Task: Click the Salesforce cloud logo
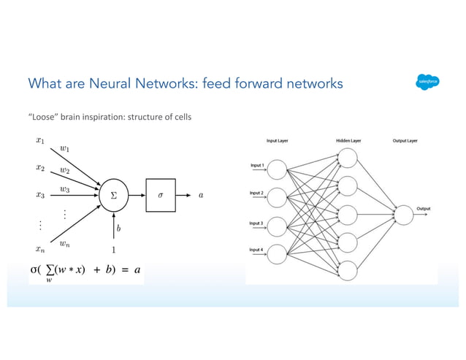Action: (x=424, y=83)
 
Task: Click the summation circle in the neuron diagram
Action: (x=113, y=195)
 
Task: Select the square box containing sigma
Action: (x=160, y=195)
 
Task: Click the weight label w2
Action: (x=65, y=170)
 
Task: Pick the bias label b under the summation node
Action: (x=119, y=229)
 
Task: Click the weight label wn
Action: (x=65, y=245)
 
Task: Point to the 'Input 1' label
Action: (x=257, y=166)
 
